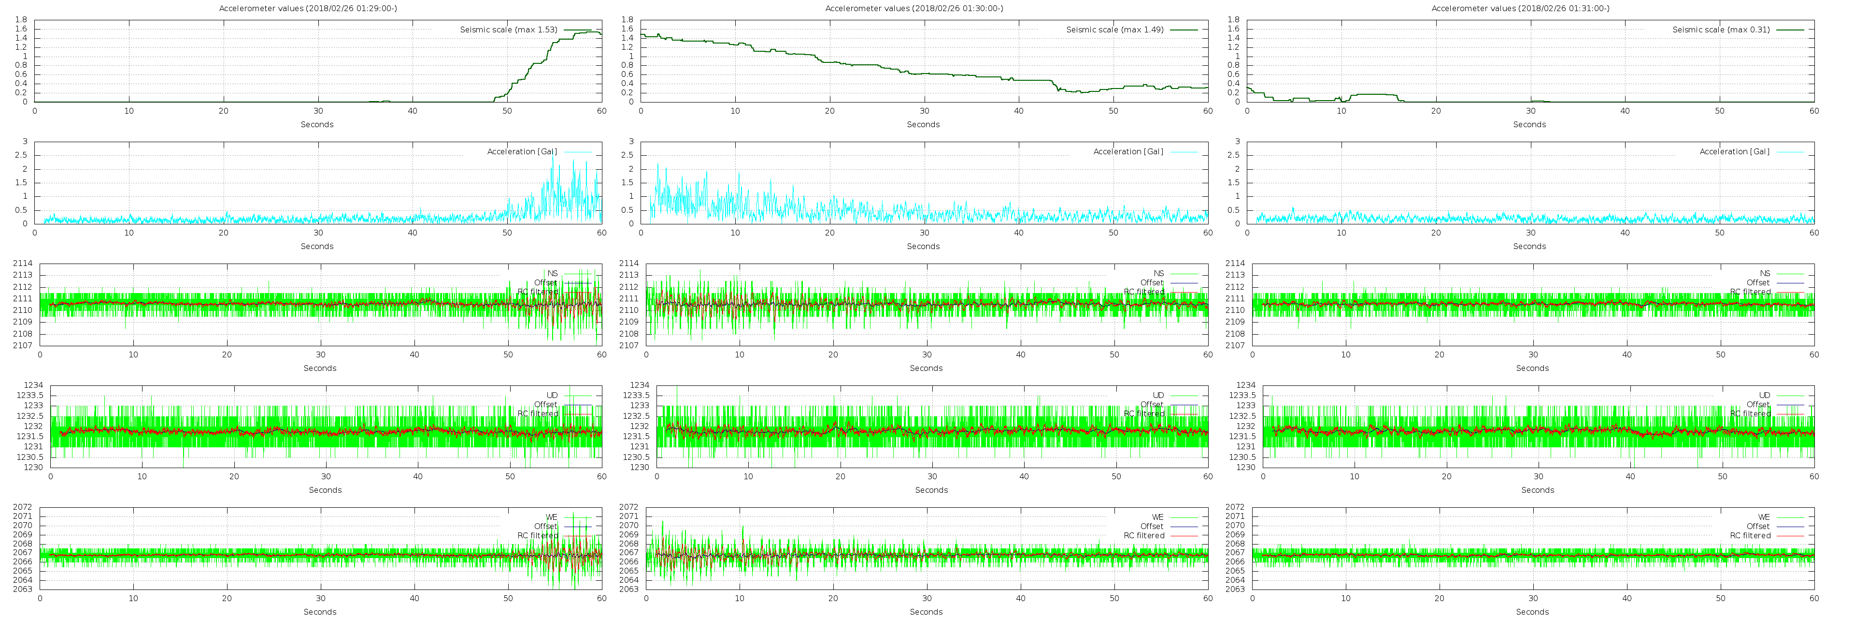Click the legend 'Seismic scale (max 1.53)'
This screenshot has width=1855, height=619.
click(508, 29)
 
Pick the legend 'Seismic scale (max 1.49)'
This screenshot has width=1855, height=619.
click(1115, 29)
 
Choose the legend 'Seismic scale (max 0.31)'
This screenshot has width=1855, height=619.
click(1721, 29)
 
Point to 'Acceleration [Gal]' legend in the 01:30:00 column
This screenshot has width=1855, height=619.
click(1127, 151)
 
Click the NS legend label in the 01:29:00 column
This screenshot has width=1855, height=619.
click(552, 273)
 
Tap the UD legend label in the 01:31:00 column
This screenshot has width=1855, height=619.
click(1764, 395)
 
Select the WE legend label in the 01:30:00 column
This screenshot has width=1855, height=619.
click(1158, 516)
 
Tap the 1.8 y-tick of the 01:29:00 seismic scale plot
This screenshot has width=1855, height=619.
click(22, 19)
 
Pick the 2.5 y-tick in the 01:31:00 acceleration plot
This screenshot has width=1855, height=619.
click(1234, 155)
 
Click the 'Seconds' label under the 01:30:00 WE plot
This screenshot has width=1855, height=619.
click(926, 612)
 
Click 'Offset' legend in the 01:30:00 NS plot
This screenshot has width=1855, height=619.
click(1152, 282)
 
